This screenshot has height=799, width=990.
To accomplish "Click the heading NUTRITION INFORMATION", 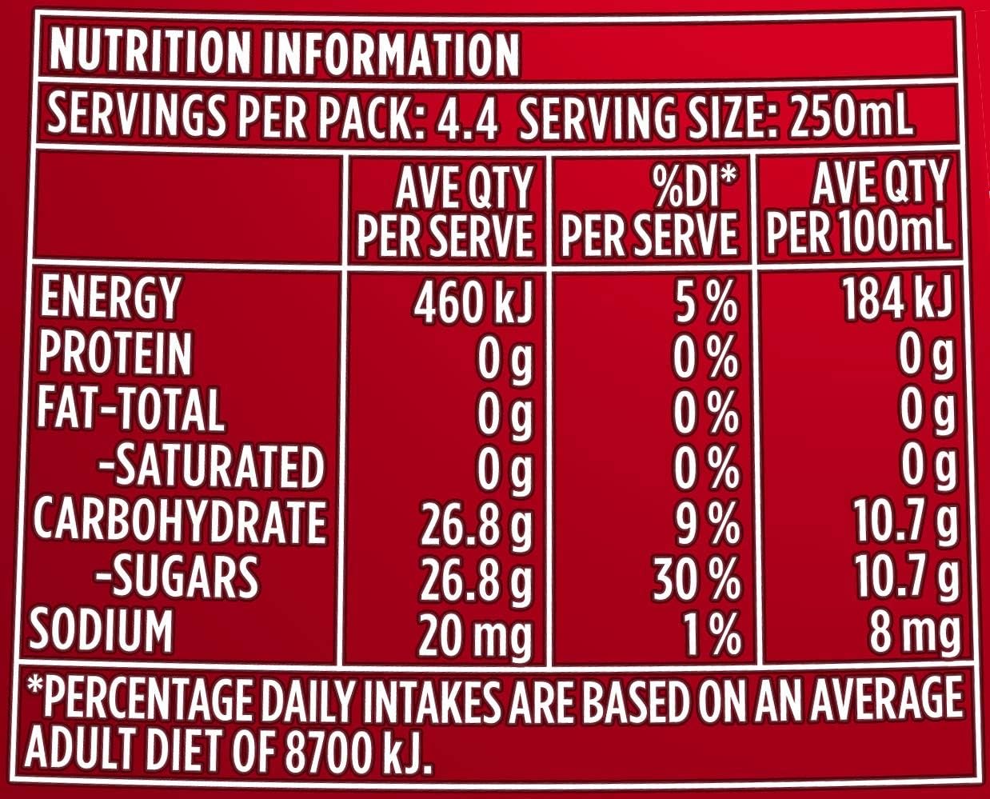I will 284,53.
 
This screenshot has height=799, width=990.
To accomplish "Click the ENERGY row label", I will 109,298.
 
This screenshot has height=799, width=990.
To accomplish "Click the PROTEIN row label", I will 115,354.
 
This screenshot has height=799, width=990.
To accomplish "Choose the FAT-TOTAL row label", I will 130,409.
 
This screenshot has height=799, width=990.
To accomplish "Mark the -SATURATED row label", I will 210,466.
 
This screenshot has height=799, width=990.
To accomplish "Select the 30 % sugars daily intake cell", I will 696,581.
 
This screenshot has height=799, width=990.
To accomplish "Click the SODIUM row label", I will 102,630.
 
